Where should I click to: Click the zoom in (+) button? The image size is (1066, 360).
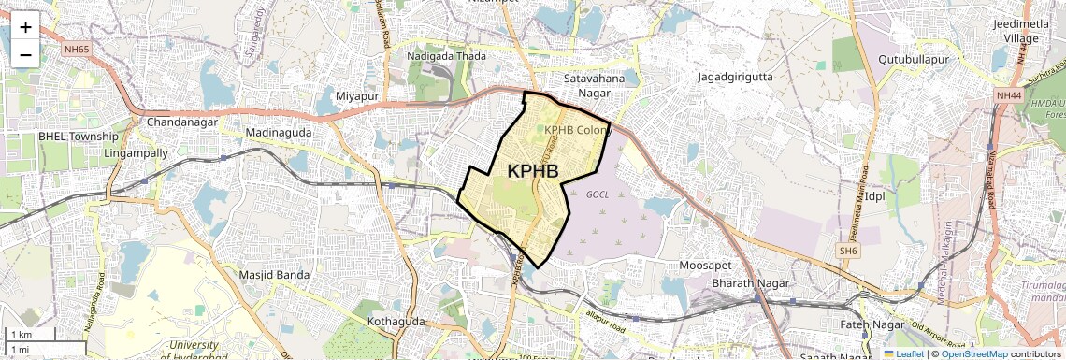tap(25, 27)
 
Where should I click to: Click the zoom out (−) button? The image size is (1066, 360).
tap(25, 55)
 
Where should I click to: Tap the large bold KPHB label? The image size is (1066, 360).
tap(539, 171)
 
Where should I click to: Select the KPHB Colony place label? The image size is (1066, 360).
tap(578, 130)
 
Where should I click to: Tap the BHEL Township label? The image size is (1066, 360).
tap(79, 137)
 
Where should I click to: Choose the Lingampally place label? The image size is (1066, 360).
tap(137, 152)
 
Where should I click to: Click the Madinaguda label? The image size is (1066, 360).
tap(276, 133)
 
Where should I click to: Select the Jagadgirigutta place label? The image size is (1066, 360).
tap(735, 77)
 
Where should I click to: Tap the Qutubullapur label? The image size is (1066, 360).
tap(914, 59)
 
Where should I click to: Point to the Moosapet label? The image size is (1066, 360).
tap(706, 266)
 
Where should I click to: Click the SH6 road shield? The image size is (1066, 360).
tap(847, 251)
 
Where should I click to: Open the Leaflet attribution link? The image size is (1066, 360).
tap(903, 353)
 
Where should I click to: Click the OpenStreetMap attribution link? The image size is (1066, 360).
tap(973, 353)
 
